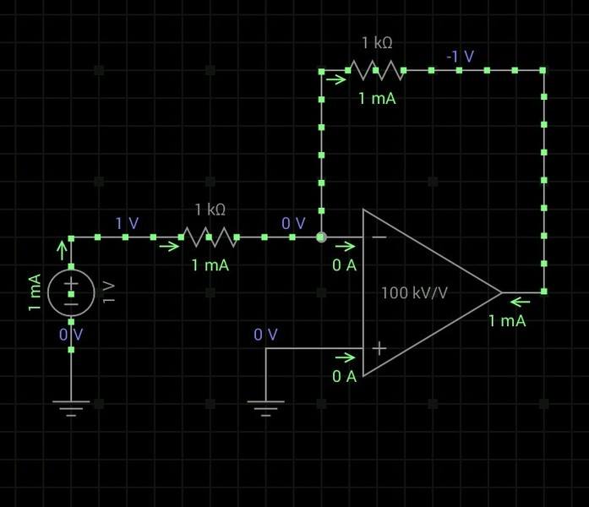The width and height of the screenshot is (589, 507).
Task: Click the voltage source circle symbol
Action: (x=71, y=292)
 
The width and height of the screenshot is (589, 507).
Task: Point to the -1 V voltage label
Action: (x=461, y=57)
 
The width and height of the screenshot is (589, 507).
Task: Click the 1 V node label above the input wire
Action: (x=127, y=223)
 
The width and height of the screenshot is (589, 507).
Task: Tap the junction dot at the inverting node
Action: (x=321, y=237)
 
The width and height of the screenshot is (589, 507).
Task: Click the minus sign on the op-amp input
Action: (x=379, y=237)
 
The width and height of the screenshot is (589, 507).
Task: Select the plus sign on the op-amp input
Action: (x=379, y=348)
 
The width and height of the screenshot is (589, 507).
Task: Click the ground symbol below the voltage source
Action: (x=71, y=410)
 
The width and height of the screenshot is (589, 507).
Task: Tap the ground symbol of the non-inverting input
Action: (x=265, y=410)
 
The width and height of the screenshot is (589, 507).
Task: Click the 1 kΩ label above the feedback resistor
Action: (x=377, y=42)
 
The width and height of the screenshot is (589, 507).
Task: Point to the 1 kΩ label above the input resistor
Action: (x=210, y=209)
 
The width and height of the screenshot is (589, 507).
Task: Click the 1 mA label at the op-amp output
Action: (x=507, y=320)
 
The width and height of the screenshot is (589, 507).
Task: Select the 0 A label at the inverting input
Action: (x=344, y=265)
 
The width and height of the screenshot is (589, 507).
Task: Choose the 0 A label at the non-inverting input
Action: (x=344, y=376)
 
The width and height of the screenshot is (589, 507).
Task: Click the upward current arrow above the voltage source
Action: (x=61, y=248)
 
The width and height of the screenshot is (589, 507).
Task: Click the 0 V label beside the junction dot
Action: (x=293, y=223)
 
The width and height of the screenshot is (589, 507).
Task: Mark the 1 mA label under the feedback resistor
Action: (x=377, y=99)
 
